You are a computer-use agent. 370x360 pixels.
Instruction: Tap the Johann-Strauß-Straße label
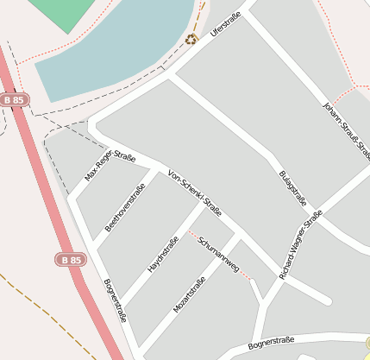(x=346, y=130)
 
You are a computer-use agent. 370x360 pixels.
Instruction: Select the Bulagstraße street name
(x=293, y=188)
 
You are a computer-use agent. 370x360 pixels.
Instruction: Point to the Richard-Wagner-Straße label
(x=300, y=244)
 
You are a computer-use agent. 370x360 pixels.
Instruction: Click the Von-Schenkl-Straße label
(x=195, y=193)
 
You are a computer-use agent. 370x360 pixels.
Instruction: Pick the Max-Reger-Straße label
(x=110, y=167)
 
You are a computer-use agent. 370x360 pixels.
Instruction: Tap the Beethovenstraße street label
(x=124, y=208)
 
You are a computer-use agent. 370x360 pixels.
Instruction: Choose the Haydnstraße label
(x=162, y=255)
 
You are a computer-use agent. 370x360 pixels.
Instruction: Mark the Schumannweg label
(x=218, y=254)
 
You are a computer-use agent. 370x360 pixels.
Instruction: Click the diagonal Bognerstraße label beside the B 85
(x=115, y=300)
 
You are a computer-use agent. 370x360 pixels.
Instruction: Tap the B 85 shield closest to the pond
(x=15, y=99)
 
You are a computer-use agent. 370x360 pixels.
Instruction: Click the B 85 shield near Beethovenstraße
(x=72, y=259)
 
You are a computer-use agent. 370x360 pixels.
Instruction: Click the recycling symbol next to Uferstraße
(x=191, y=38)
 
